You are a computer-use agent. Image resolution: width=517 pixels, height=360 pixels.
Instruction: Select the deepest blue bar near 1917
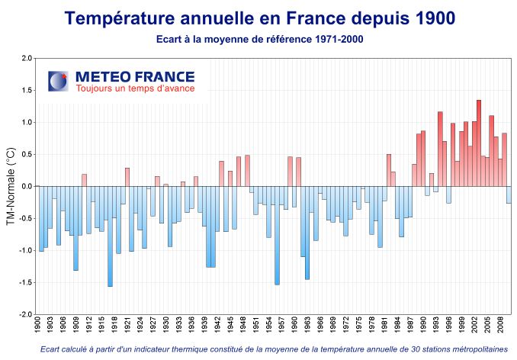tap(110, 236)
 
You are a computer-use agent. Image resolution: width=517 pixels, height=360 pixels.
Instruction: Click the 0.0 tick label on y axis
tap(27, 186)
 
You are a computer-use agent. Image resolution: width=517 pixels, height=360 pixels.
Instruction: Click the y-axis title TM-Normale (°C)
tap(11, 186)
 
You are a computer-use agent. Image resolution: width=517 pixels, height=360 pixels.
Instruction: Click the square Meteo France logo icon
tap(58, 82)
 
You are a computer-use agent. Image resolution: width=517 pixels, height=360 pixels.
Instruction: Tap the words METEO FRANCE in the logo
tap(135, 76)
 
